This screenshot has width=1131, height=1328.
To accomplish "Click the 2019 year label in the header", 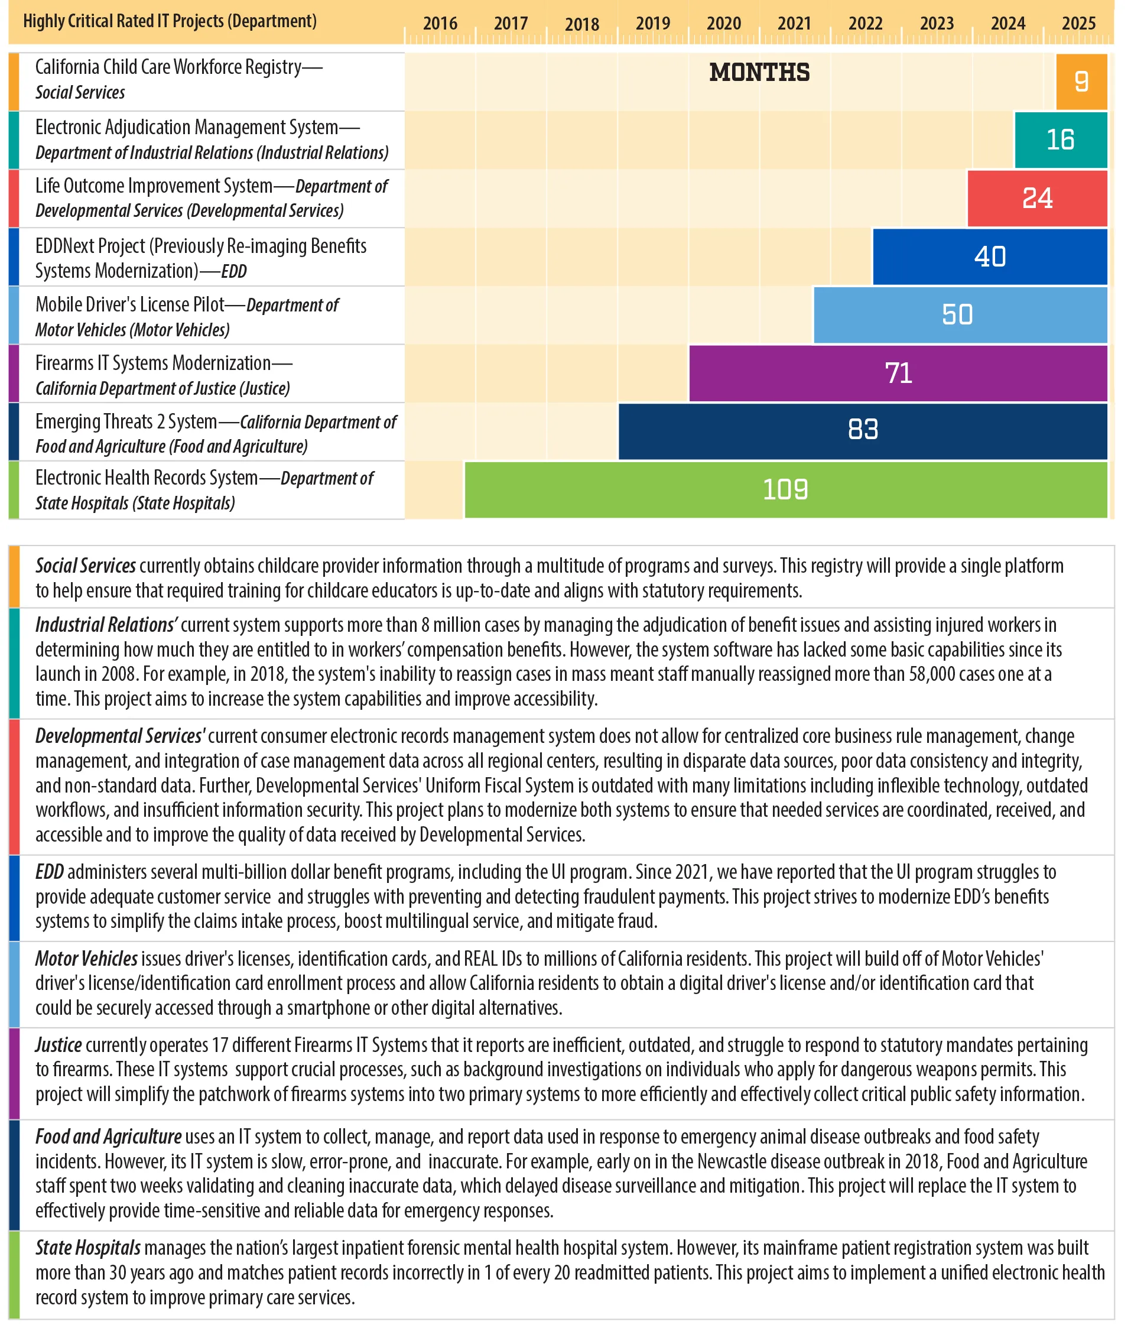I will point(652,24).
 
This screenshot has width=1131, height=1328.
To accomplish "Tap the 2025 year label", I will point(1078,24).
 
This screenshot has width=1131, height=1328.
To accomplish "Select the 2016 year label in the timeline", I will point(440,24).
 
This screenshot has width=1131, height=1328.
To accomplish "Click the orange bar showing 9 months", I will point(1081,82).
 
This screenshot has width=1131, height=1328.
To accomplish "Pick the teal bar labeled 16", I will point(1060,139).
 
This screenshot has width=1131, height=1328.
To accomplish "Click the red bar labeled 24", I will point(1037,198).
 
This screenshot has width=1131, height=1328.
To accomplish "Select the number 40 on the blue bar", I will point(989,256).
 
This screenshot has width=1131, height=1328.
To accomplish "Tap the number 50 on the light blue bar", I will point(957,314).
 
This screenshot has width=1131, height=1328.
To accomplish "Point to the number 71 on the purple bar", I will point(898,373).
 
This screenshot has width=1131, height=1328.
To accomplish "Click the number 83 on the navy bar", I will point(863,430).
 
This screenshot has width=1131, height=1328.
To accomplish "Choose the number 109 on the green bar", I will point(785,490).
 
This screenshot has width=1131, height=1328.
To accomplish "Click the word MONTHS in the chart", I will point(759,73).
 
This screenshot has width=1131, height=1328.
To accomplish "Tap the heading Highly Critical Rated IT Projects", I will point(170,21).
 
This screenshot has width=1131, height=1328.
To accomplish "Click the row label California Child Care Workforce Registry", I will point(178,67).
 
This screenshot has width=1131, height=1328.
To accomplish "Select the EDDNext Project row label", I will point(200,246).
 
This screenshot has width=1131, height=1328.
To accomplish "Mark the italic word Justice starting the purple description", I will point(58,1045).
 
